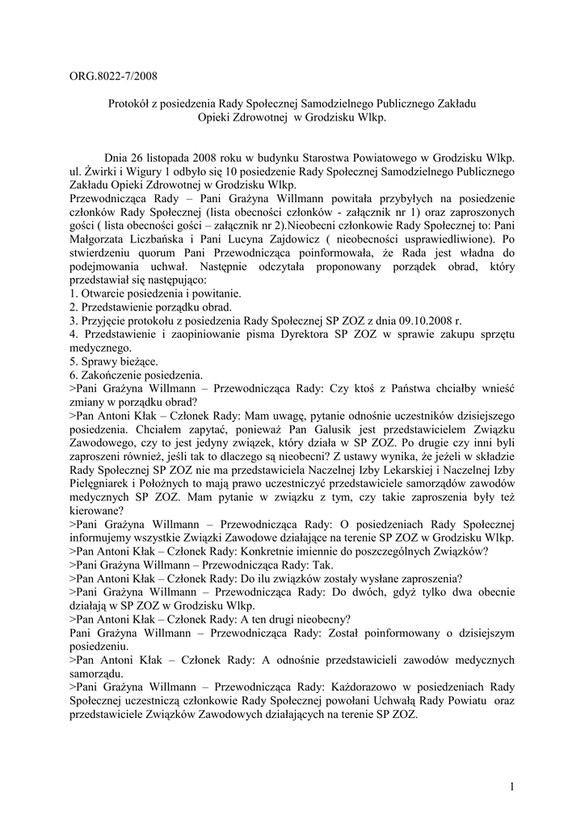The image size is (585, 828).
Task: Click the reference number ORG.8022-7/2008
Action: tap(113, 78)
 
